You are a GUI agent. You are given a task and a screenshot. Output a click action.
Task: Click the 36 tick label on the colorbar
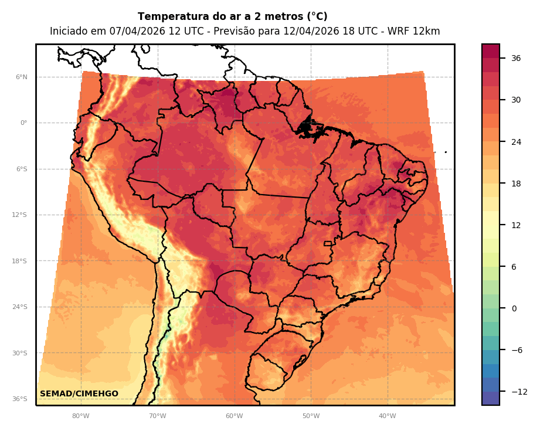pos(516,58)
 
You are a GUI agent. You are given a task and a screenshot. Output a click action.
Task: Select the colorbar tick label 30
pos(516,100)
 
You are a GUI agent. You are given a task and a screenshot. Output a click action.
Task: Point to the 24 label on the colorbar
pos(516,142)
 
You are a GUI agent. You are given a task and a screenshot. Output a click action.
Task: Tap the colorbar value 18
pos(516,184)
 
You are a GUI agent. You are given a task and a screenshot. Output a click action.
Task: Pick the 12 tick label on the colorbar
pos(516,225)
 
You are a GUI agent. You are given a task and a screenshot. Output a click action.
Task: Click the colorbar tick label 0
pos(514,308)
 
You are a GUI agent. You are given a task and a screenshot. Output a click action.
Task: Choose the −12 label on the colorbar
pos(518,392)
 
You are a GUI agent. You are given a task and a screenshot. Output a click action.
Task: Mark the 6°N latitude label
pos(21,77)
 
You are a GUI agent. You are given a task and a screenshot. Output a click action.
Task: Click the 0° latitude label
pos(23,123)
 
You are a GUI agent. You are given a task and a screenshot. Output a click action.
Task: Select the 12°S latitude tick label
pos(20,215)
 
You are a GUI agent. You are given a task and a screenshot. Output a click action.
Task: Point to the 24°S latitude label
pos(20,307)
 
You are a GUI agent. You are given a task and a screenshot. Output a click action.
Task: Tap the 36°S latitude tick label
pos(20,399)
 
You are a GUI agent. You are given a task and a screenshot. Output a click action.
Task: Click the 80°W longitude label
pos(81,416)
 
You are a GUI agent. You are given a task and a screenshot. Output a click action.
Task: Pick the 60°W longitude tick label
pos(234,416)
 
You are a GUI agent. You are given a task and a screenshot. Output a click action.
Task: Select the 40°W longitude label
pos(387,416)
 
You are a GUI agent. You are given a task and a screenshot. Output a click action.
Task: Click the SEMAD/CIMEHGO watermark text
pos(79,394)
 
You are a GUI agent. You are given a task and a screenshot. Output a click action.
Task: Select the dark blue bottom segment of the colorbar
pos(491,398)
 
